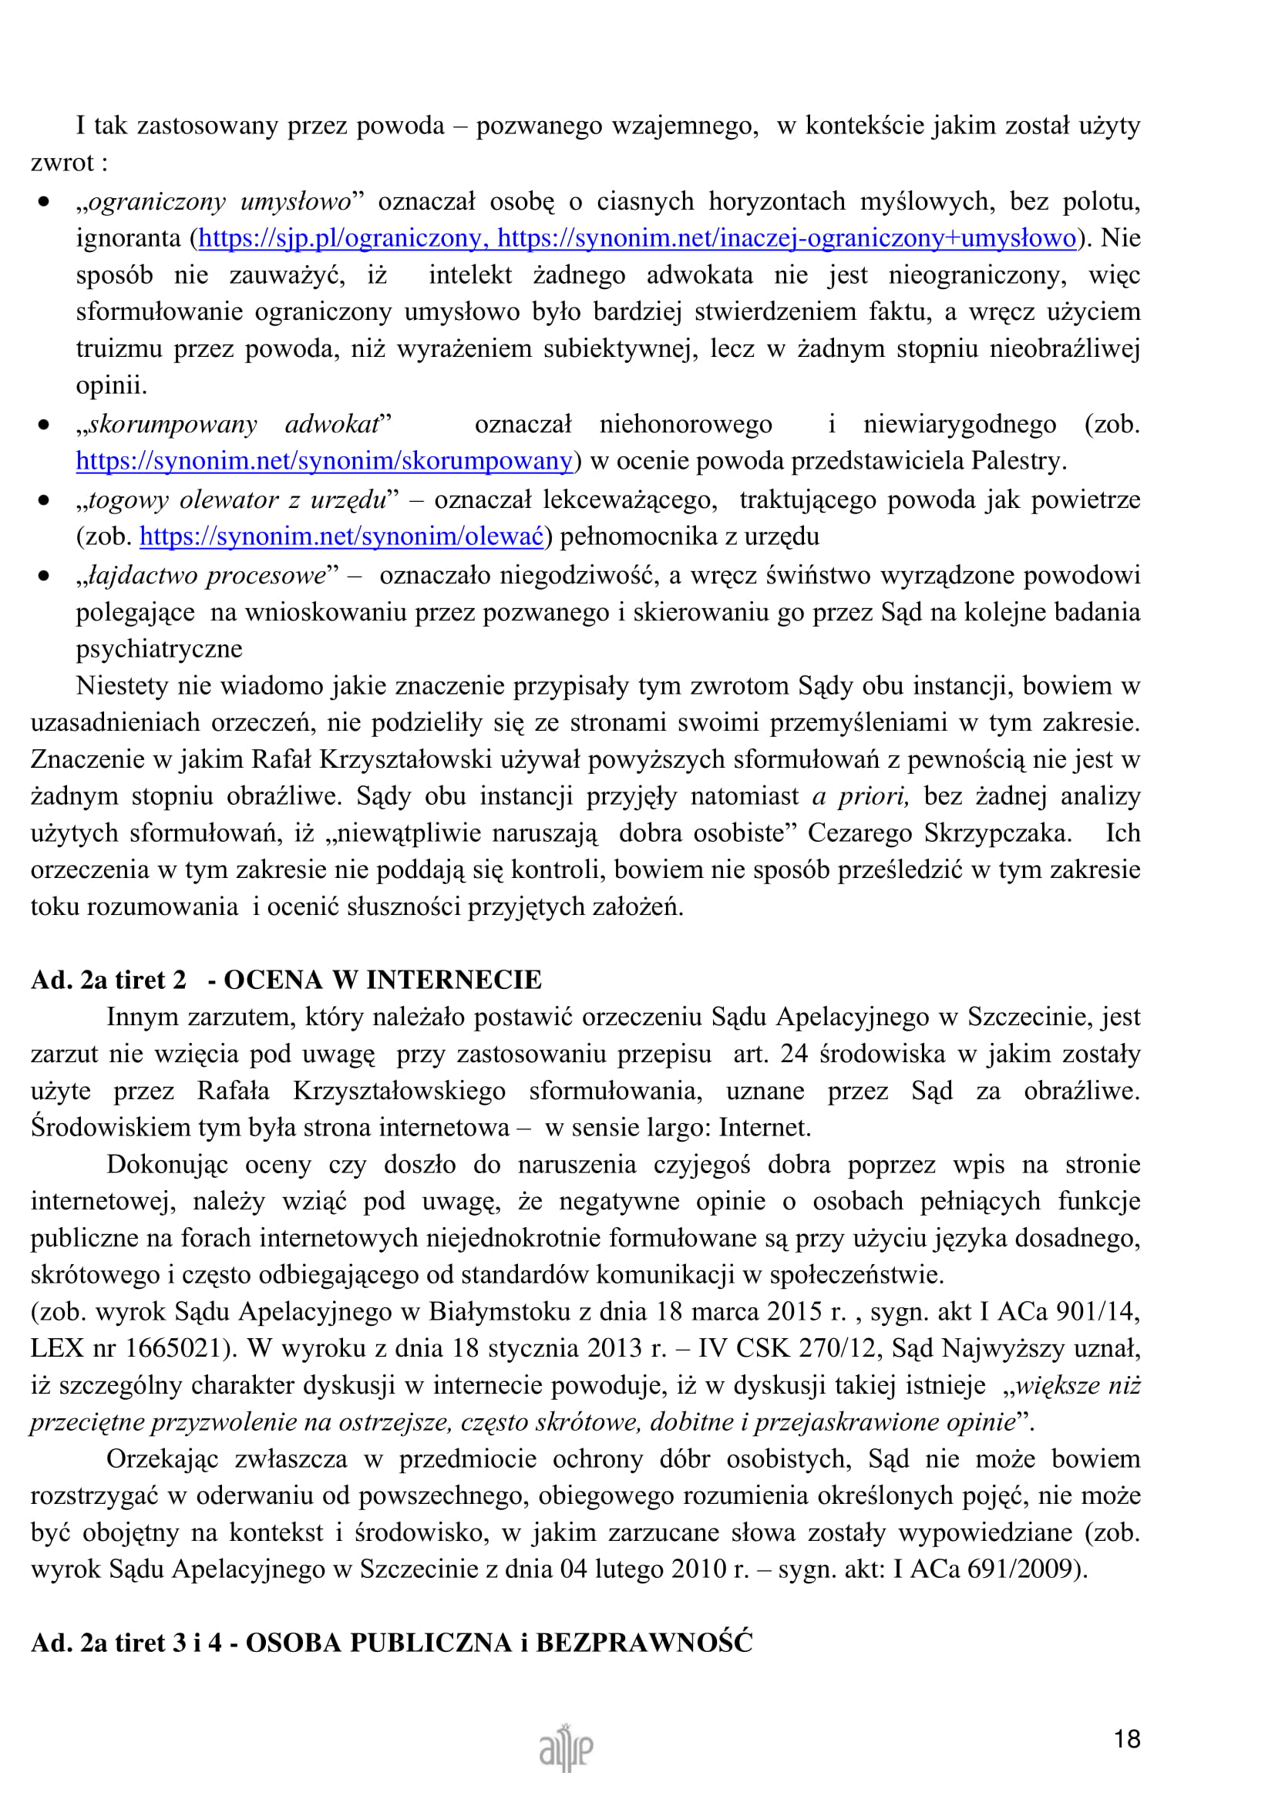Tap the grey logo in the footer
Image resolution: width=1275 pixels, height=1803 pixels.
(566, 1748)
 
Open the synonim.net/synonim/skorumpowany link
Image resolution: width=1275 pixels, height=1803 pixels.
(325, 460)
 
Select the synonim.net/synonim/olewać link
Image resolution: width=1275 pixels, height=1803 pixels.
(341, 536)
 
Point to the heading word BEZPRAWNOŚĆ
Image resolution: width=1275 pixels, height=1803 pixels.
(644, 1642)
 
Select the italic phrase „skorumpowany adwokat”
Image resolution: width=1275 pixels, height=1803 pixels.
(234, 424)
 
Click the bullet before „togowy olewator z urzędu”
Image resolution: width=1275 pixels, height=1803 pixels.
(44, 500)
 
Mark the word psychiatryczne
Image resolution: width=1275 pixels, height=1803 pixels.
(160, 648)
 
